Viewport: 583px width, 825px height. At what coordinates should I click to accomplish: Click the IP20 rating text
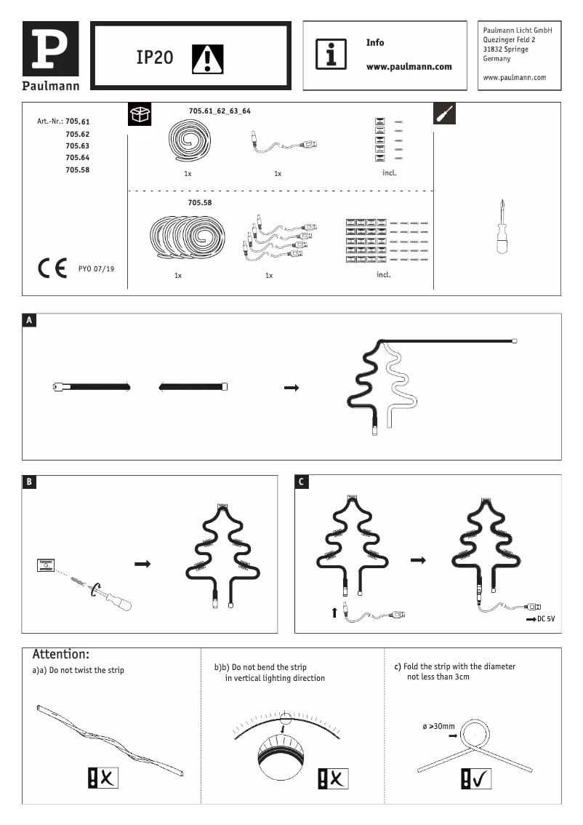tap(154, 57)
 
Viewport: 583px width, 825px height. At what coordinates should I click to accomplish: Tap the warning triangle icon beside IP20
tap(208, 58)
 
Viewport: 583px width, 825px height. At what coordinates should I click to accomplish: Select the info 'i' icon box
tap(331, 55)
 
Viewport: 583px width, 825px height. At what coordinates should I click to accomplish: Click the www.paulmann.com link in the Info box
tap(409, 66)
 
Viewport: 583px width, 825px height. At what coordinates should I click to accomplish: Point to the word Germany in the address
tap(496, 59)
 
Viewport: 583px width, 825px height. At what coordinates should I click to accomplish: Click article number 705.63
tap(77, 146)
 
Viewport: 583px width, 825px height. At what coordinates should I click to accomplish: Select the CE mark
tap(52, 268)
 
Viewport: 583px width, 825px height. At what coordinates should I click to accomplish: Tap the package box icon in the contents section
tap(140, 114)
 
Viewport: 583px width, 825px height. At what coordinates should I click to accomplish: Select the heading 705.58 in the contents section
tap(200, 202)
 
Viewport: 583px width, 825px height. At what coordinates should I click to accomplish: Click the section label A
tap(29, 320)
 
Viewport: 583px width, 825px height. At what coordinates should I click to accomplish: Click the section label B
tap(29, 482)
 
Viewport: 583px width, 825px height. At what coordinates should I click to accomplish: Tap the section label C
tap(302, 482)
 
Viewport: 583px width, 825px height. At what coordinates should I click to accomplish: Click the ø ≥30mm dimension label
tap(438, 726)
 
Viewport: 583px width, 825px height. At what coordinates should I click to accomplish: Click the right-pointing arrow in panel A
tap(291, 388)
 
